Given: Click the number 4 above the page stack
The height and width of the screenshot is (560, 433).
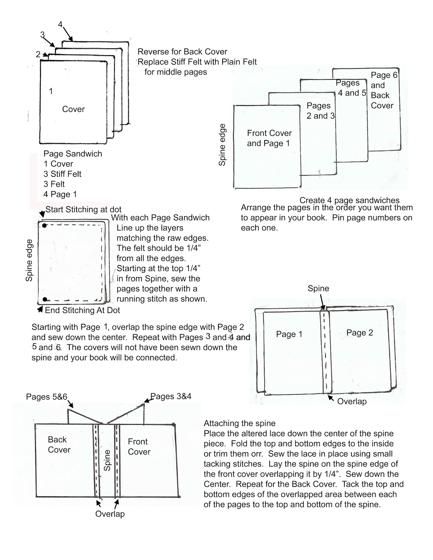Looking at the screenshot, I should [x=60, y=24].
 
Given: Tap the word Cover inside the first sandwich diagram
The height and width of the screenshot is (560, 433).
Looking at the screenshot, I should [x=73, y=109].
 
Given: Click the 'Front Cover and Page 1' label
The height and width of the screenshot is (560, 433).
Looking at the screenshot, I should [x=269, y=138].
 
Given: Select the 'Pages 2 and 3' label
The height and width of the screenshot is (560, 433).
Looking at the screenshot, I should [x=320, y=111].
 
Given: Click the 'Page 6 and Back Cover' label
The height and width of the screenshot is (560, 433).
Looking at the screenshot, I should [x=383, y=90].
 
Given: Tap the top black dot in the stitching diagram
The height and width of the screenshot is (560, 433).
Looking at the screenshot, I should [x=44, y=226].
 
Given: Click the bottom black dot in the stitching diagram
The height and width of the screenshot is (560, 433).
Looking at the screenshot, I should [x=45, y=299].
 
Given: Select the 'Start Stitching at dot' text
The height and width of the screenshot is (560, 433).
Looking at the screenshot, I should [x=83, y=209].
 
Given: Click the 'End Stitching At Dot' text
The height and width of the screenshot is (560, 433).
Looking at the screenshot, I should [x=82, y=310].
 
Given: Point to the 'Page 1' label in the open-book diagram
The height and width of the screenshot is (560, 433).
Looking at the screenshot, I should [x=289, y=334].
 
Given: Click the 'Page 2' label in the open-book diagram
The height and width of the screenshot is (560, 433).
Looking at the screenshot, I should [x=359, y=333].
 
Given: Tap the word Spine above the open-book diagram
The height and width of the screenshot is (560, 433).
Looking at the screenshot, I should [x=318, y=288].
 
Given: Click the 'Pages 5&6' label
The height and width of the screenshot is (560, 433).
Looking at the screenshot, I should [x=46, y=397].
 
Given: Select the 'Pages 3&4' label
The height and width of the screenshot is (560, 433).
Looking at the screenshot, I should [x=171, y=396].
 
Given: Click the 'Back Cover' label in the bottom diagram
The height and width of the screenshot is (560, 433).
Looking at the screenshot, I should [x=58, y=444].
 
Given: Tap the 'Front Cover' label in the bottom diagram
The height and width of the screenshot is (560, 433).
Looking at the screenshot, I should [x=139, y=447].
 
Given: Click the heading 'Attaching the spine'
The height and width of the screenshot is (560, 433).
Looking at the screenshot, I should [x=239, y=423].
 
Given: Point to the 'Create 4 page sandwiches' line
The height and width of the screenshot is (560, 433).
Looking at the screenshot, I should [x=349, y=200].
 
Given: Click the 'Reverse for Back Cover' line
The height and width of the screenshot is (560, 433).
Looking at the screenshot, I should [x=182, y=52].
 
